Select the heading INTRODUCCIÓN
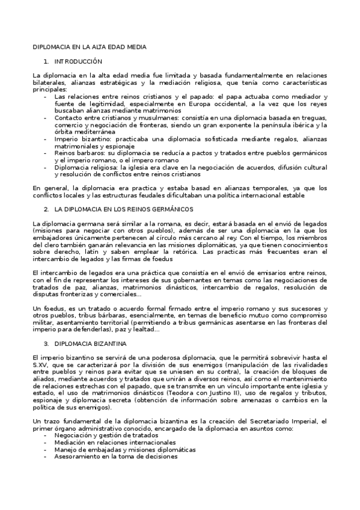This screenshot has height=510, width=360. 78,61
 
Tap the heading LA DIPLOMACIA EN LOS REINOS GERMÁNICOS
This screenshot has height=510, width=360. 123,209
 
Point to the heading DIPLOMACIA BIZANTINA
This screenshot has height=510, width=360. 90,343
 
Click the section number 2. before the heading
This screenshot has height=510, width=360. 46,209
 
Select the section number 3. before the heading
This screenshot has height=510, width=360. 46,343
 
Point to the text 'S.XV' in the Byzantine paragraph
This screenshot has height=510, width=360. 40,364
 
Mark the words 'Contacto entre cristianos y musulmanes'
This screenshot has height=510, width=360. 108,118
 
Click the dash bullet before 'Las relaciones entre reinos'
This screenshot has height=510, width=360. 46,96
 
